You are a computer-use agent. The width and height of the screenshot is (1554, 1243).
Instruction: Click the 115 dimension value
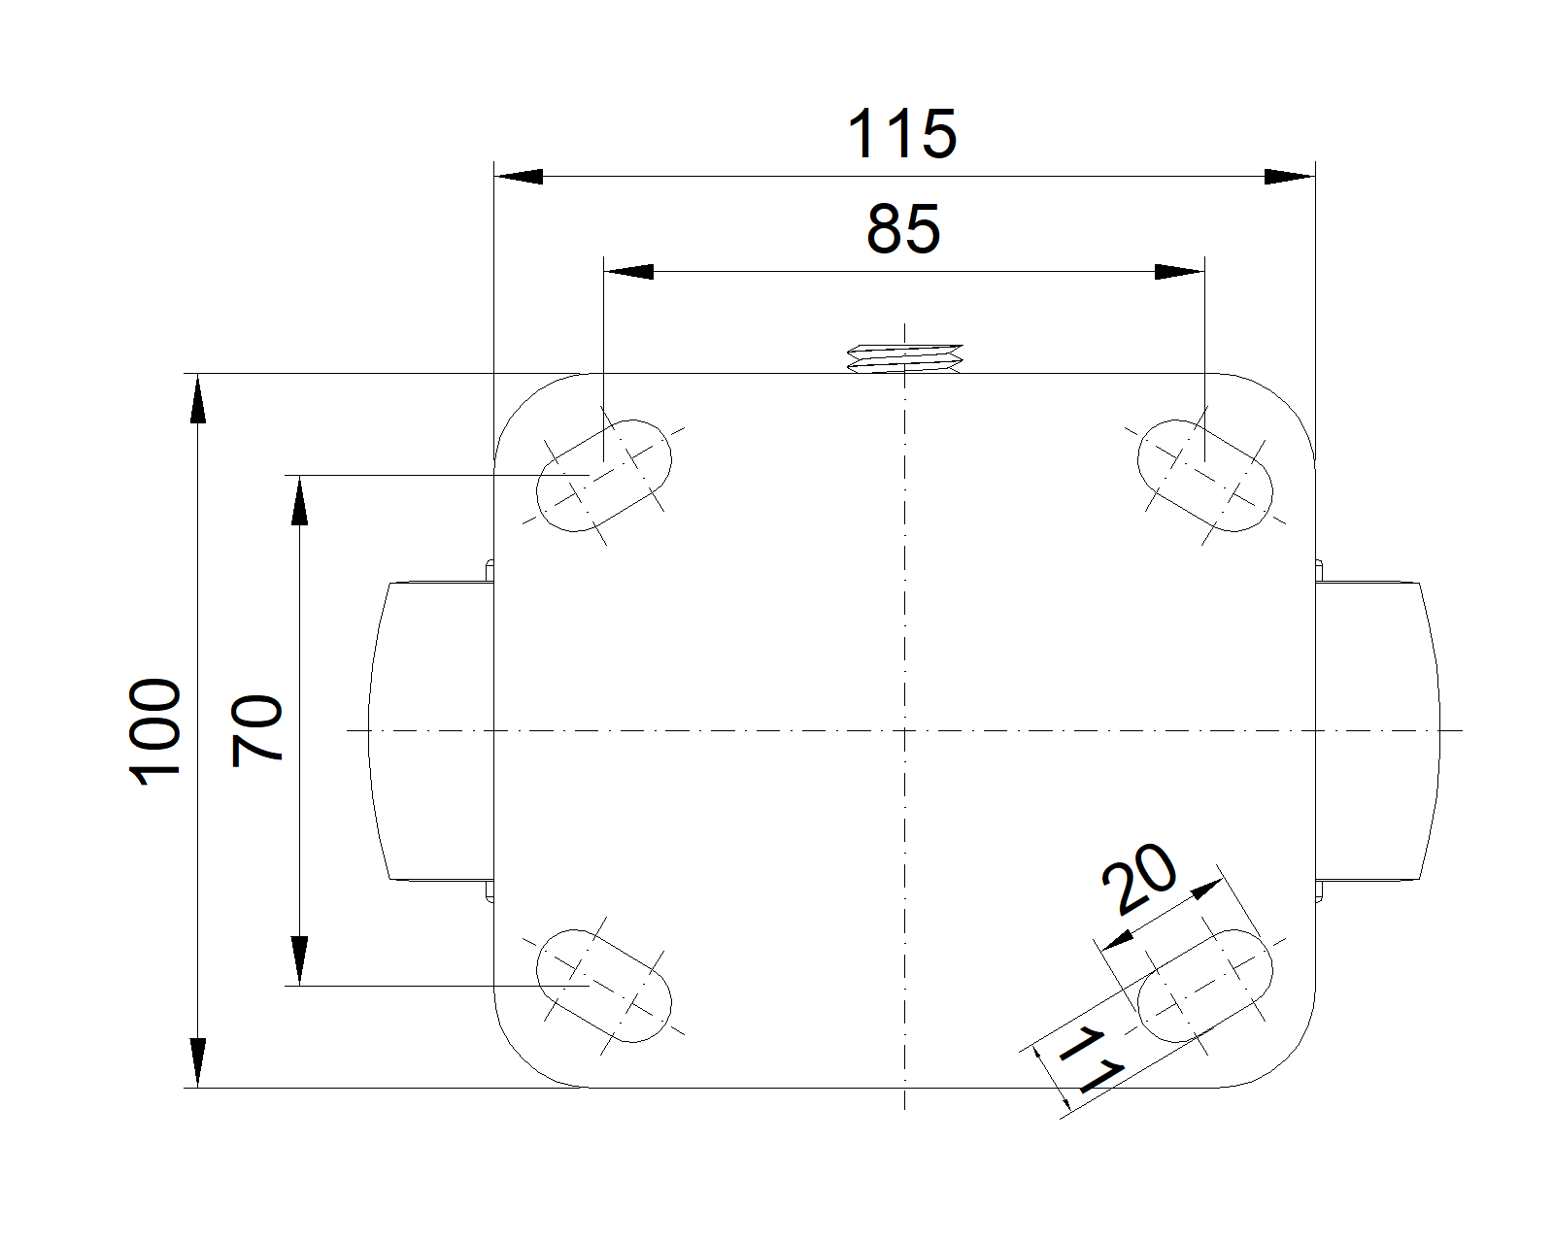(x=902, y=134)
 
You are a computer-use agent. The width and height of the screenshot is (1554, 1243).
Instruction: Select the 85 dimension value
(x=903, y=229)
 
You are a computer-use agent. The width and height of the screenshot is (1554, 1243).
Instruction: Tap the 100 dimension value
(x=155, y=730)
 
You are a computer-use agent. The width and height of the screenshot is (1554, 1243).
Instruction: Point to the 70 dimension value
(x=258, y=730)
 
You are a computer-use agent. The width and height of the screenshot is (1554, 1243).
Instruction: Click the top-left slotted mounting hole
(x=604, y=475)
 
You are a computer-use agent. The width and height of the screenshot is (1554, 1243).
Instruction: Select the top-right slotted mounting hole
(x=1204, y=475)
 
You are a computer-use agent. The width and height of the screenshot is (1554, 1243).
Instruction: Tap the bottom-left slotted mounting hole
(x=604, y=985)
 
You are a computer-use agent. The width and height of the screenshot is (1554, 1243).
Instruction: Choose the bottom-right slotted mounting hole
(x=1204, y=985)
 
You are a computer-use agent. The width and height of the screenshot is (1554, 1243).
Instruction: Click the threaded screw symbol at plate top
(x=905, y=358)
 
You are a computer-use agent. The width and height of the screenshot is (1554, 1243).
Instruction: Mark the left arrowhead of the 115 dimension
(x=519, y=177)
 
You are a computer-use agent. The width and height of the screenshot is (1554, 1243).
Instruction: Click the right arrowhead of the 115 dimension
(x=1289, y=177)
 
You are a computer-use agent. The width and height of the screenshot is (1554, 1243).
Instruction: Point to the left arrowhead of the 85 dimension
(x=627, y=271)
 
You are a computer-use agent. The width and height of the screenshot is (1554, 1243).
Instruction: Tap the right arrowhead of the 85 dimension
(x=1179, y=271)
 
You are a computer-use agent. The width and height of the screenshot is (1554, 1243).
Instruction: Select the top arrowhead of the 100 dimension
(x=198, y=398)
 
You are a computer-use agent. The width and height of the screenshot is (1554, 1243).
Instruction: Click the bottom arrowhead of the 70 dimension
(x=300, y=960)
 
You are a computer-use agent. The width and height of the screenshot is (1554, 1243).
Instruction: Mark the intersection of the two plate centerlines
(x=905, y=729)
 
